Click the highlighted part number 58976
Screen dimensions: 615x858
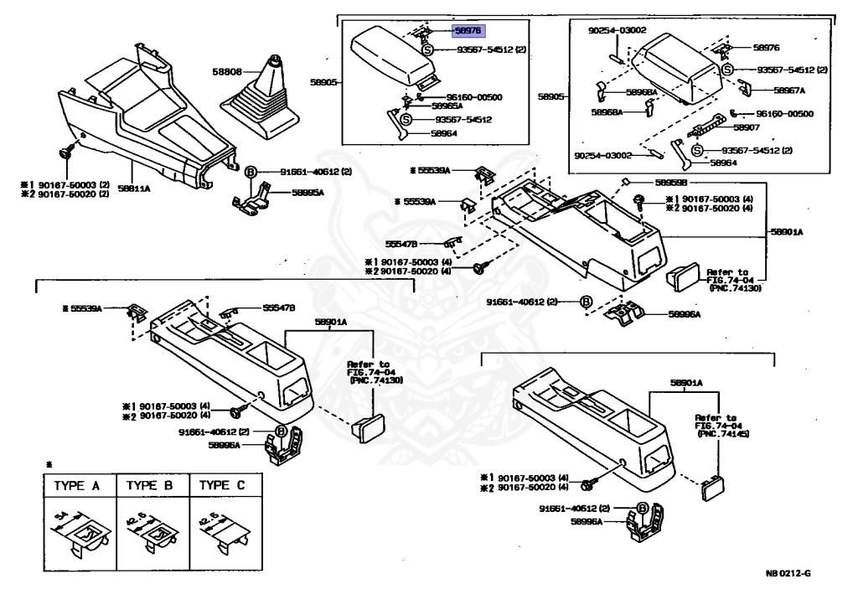pos(468,29)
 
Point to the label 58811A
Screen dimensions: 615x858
pos(133,189)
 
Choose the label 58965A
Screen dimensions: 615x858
pos(447,106)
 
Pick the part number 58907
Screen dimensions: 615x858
pos(746,128)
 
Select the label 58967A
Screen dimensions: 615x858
pos(788,90)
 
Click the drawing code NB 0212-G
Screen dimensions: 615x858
pos(788,574)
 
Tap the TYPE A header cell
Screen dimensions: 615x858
pos(78,486)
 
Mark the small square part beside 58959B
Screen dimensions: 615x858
pos(625,182)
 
